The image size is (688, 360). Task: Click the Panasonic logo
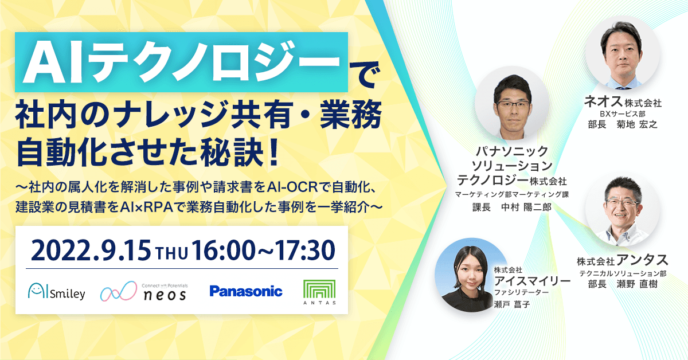[246, 291]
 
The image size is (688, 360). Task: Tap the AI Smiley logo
[57, 291]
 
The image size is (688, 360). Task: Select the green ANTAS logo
[319, 292]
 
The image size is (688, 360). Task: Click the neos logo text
[165, 295]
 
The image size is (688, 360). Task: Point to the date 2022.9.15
[91, 251]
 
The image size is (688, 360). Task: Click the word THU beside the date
[171, 254]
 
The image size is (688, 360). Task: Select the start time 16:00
[223, 251]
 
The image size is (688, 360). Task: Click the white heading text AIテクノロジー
[182, 62]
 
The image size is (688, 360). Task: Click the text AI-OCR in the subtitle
[292, 187]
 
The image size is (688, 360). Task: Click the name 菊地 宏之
[637, 124]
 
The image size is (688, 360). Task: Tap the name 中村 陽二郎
[526, 207]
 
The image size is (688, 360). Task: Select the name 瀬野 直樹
[637, 284]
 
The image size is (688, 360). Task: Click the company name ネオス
[603, 101]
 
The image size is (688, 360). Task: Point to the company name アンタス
[642, 260]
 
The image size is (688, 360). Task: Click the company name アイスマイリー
[532, 281]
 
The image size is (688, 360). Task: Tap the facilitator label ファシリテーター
[521, 292]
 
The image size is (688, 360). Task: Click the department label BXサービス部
[623, 114]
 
